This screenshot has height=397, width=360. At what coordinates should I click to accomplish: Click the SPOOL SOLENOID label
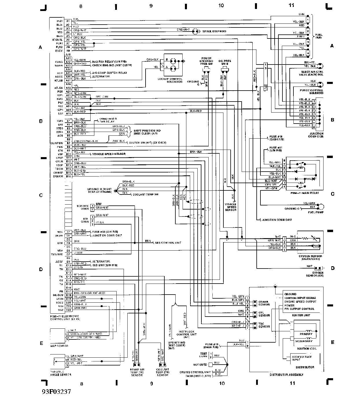(x=214, y=31)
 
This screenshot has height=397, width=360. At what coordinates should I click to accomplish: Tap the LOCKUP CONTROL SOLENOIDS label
(x=170, y=80)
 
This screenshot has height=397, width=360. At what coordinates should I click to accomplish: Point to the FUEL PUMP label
(x=316, y=212)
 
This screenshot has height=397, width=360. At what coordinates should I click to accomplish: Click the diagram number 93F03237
(x=56, y=392)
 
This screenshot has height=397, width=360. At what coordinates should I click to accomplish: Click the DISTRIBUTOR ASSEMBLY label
(x=286, y=375)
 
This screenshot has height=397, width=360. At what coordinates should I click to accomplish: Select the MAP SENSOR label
(x=59, y=346)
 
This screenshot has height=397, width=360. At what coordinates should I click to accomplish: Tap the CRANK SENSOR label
(x=264, y=303)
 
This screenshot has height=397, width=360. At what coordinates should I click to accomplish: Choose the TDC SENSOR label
(x=264, y=325)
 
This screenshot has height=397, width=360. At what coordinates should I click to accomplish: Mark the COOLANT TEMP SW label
(x=145, y=194)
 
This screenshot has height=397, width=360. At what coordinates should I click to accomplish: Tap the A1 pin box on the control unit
(x=68, y=21)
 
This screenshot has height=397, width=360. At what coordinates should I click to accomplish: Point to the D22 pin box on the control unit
(x=69, y=310)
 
